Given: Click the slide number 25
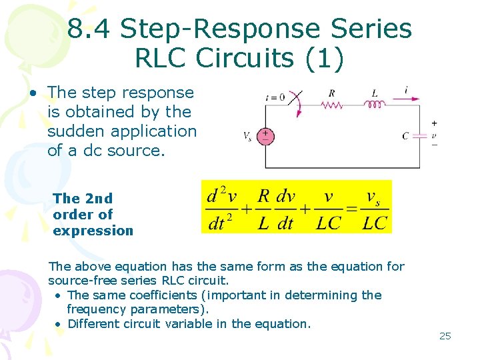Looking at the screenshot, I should point(445,336).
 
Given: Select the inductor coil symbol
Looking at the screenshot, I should point(375,104).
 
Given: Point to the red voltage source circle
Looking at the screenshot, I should point(265,136).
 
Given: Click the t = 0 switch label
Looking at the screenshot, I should point(275,97).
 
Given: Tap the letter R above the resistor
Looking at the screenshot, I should point(331,93).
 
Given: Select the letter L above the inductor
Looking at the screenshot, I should point(374,93).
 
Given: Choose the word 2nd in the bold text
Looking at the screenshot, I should point(99,198).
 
